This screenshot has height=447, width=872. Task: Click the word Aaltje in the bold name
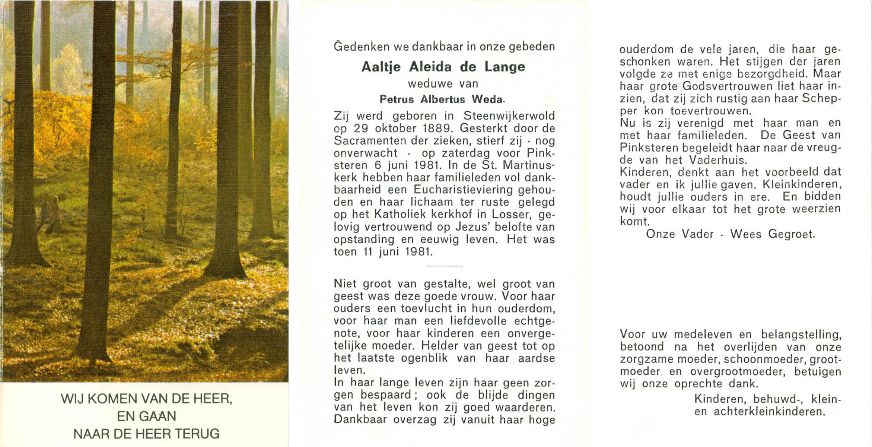pyautogui.click(x=381, y=67)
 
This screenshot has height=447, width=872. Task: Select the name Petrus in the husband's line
pyautogui.click(x=397, y=99)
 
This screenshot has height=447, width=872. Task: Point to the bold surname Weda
pyautogui.click(x=488, y=99)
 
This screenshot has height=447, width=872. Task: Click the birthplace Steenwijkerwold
pyautogui.click(x=509, y=116)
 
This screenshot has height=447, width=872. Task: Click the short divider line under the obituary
pyautogui.click(x=444, y=266)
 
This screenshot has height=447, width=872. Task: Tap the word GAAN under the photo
pyautogui.click(x=157, y=416)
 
